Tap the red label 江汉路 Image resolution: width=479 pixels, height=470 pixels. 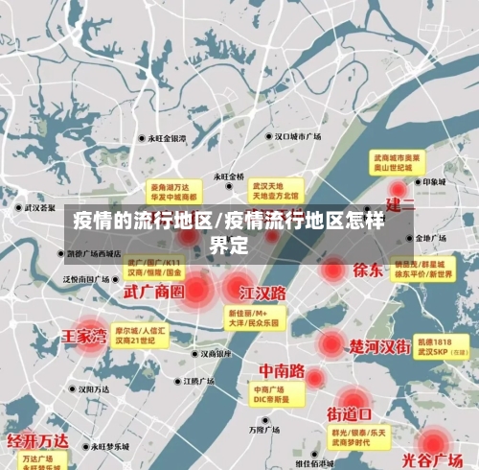coord(263,291)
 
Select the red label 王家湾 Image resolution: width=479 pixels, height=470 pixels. coord(84,337)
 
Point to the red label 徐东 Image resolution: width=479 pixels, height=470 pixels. coord(367,270)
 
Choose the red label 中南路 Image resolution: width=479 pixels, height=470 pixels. coord(282,369)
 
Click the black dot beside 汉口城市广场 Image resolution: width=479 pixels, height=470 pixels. coord(269,136)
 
